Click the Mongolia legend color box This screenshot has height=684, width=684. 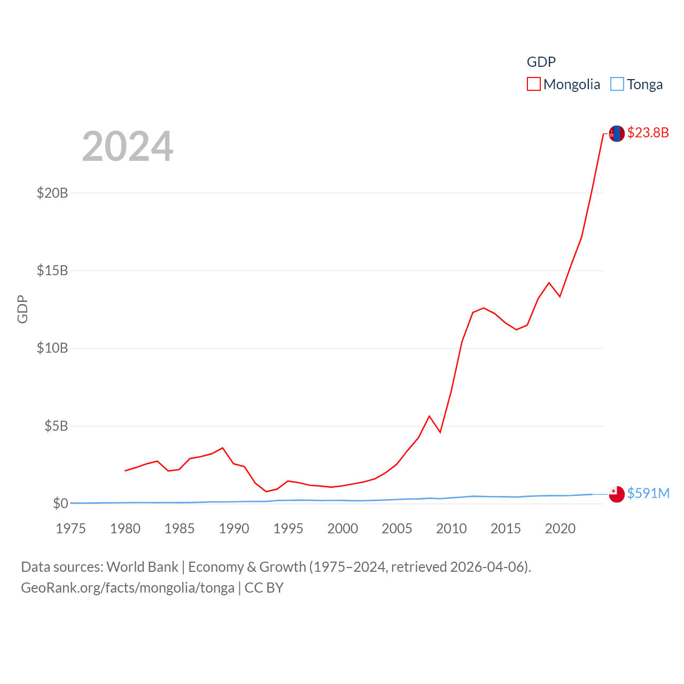pyautogui.click(x=533, y=84)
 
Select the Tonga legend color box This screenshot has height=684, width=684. pyautogui.click(x=617, y=84)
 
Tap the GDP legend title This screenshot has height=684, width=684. pyautogui.click(x=541, y=62)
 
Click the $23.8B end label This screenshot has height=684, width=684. pyautogui.click(x=648, y=133)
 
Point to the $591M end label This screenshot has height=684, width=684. pyautogui.click(x=648, y=493)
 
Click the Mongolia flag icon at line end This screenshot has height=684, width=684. pyautogui.click(x=617, y=134)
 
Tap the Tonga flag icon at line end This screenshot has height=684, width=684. pyautogui.click(x=617, y=494)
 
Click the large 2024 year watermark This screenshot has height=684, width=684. pyautogui.click(x=127, y=146)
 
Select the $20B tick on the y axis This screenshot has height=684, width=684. pyautogui.click(x=52, y=193)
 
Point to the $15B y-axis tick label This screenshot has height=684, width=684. pyautogui.click(x=52, y=270)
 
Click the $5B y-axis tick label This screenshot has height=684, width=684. pyautogui.click(x=56, y=426)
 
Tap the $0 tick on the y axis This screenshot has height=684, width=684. pyautogui.click(x=60, y=503)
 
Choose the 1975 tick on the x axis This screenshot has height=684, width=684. pyautogui.click(x=71, y=528)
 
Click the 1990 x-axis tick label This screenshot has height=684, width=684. pyautogui.click(x=234, y=528)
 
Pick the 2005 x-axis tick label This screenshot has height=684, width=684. pyautogui.click(x=397, y=528)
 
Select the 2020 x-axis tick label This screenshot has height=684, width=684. pyautogui.click(x=560, y=528)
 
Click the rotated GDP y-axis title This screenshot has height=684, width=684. pyautogui.click(x=22, y=309)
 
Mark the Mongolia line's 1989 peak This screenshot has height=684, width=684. pyautogui.click(x=223, y=448)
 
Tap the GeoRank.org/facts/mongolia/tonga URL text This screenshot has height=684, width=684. pyautogui.click(x=128, y=588)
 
